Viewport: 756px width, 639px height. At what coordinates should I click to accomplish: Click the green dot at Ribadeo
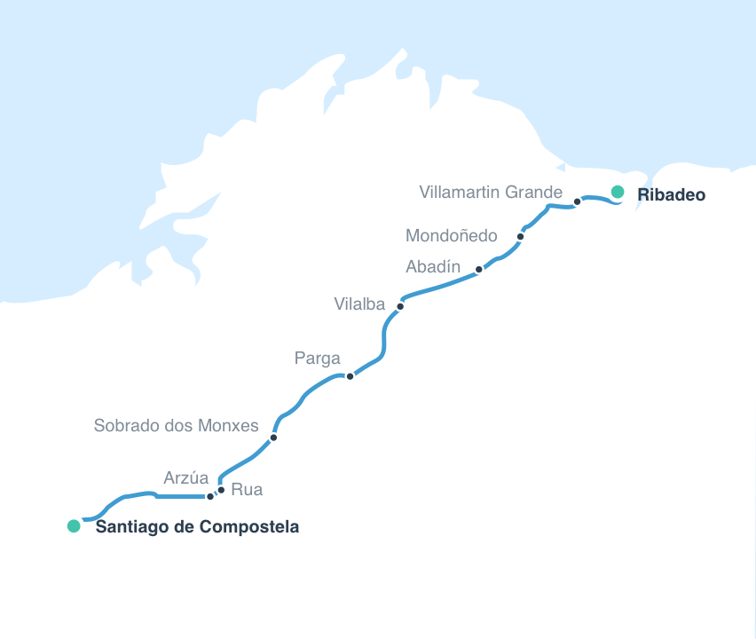pos(618,192)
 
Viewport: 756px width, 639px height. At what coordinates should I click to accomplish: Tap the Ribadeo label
pos(672,194)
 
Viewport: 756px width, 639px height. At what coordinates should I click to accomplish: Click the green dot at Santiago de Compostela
pos(74,526)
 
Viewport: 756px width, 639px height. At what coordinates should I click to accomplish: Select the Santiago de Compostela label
pos(197,527)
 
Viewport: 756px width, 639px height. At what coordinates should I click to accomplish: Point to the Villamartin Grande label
pos(491,192)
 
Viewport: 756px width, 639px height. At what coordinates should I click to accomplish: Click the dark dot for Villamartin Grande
pos(577,201)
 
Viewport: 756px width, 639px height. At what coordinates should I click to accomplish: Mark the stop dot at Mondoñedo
pos(521,237)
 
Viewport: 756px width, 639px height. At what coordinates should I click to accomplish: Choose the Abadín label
pos(433,267)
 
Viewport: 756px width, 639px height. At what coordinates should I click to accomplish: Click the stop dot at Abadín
pos(479,269)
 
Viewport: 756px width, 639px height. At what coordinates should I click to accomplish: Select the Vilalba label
pos(359,304)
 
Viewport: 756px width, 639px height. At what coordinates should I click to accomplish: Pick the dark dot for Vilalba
pos(400,306)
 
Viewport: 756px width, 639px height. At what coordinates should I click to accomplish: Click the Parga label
pos(317,359)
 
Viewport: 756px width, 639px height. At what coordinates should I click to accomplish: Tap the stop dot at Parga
pos(350,376)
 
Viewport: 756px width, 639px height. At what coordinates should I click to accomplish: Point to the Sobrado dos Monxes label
pos(176,426)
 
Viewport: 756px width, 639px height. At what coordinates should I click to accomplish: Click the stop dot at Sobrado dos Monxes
pos(273,438)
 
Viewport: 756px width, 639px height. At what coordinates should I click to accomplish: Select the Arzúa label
pos(186,478)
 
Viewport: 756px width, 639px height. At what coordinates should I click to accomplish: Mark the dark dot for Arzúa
pos(210,496)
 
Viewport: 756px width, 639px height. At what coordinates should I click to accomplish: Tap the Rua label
pos(247,489)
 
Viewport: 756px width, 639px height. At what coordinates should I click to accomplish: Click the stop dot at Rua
pos(221,490)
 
